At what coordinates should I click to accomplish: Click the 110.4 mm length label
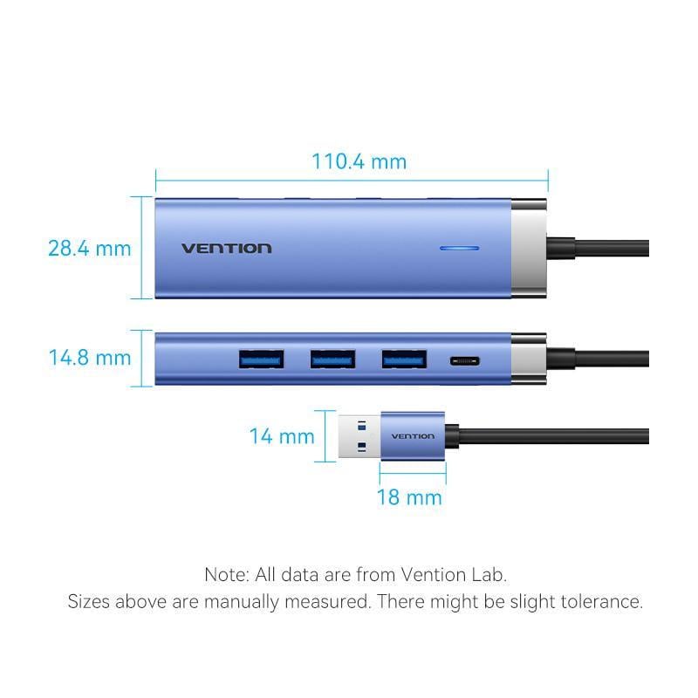[359, 161]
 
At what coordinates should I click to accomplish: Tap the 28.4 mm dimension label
[89, 248]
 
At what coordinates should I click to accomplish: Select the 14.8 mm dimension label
[89, 358]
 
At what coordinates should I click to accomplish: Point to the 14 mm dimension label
[281, 435]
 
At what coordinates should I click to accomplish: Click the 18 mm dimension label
[409, 497]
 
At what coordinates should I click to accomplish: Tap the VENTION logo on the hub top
[226, 248]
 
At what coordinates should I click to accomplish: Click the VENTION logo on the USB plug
[412, 436]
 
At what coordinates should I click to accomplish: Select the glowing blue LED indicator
[459, 248]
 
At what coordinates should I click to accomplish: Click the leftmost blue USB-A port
[261, 358]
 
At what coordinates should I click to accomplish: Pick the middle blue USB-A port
[332, 358]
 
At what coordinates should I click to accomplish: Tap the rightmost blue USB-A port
[404, 358]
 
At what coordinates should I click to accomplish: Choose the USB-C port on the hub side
[462, 359]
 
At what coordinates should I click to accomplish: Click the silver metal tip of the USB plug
[359, 435]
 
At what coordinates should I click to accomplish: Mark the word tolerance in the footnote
[602, 602]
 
